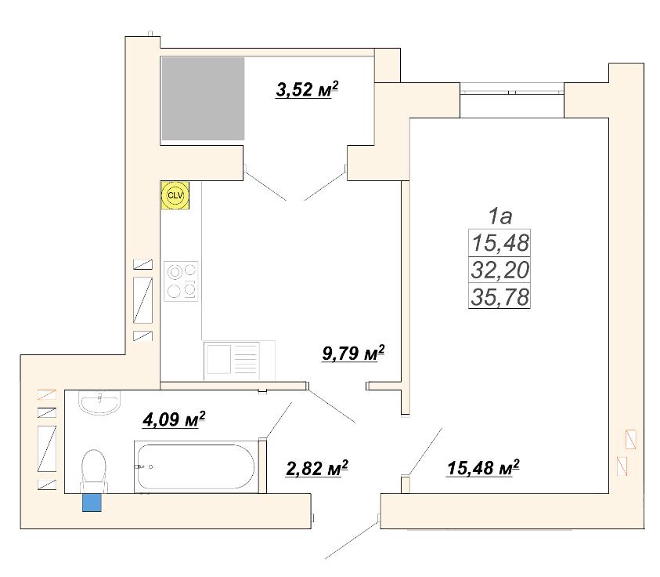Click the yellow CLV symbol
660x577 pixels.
175,195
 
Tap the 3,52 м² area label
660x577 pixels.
307,89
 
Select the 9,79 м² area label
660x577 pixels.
353,353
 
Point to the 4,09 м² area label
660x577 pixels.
174,419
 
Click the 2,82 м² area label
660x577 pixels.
317,468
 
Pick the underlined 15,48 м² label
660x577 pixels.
483,467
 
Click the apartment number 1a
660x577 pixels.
500,216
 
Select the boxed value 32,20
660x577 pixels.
500,270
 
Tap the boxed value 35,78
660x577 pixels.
500,296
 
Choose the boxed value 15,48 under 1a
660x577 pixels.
500,243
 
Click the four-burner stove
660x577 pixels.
181,281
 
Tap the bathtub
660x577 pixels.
196,467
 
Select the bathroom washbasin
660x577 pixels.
99,402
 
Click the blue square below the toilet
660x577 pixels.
92,503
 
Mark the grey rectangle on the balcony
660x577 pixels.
204,99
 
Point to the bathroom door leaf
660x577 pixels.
279,420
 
